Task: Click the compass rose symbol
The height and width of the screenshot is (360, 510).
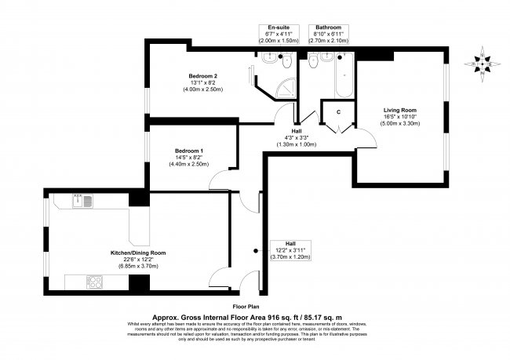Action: coord(481,62)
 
